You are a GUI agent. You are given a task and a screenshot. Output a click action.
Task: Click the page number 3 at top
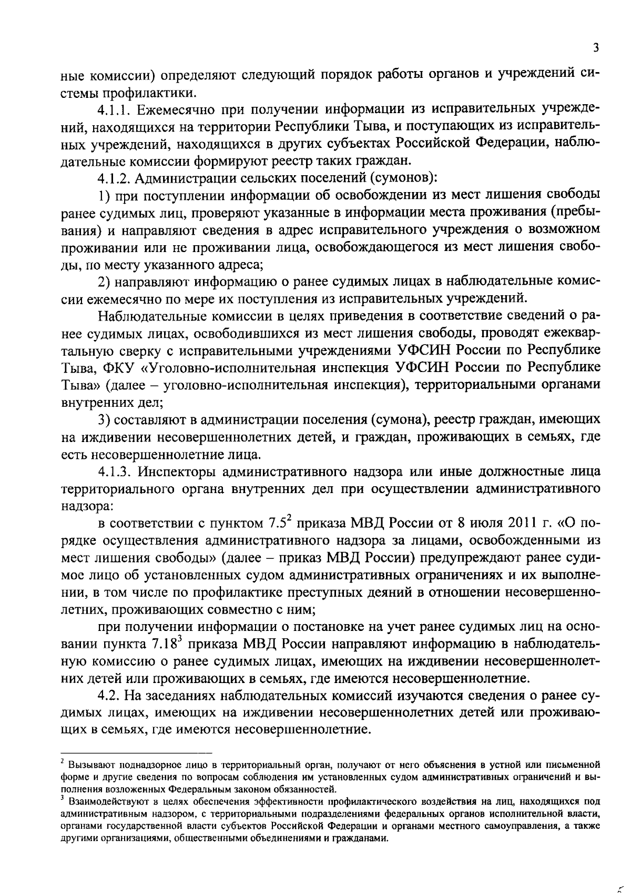pos(596,48)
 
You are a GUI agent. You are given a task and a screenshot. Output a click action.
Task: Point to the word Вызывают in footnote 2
pos(87,764)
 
